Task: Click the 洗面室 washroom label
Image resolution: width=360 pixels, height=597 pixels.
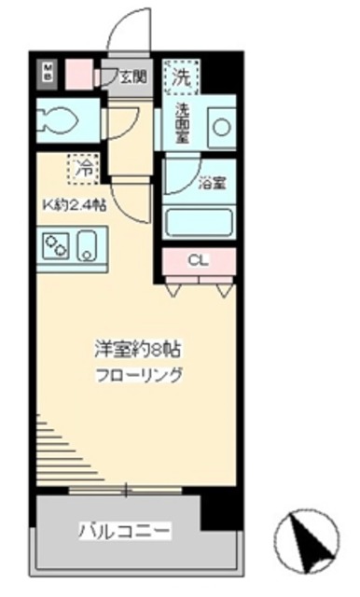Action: [x=183, y=122]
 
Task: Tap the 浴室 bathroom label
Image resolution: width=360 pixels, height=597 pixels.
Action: [x=211, y=184]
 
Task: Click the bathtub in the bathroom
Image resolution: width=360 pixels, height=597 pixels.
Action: [x=198, y=224]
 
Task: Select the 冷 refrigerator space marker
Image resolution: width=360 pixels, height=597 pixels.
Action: [x=83, y=170]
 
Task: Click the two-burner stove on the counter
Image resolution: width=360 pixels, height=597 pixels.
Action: [x=56, y=247]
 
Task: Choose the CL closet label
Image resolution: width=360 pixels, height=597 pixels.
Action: [x=198, y=260]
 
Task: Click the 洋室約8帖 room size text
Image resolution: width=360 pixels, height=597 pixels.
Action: [x=138, y=350]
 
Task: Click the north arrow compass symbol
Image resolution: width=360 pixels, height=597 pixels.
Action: [x=308, y=541]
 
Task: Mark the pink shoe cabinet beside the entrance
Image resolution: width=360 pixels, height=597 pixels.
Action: [x=80, y=72]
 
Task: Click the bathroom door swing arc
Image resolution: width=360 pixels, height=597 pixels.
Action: [x=177, y=177]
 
